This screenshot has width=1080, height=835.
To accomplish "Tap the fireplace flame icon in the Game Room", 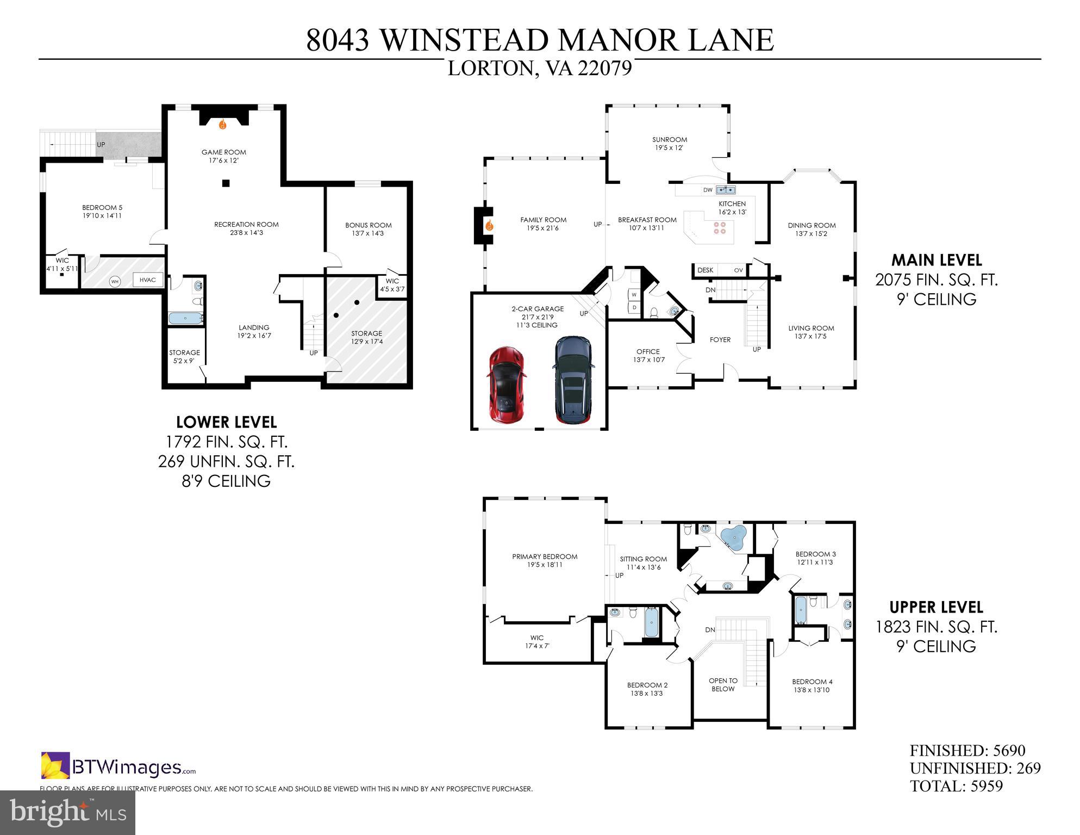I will pos(222,125).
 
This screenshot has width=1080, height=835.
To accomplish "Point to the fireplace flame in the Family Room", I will pos(489,225).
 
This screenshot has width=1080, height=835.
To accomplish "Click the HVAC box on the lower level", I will pos(147,280).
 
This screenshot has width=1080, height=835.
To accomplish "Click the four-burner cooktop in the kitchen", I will pos(720,227).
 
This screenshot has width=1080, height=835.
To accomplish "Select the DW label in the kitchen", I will pos(708,190).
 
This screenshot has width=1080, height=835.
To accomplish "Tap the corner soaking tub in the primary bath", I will pos(733,538).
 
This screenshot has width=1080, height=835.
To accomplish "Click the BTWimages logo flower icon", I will pos(55,765).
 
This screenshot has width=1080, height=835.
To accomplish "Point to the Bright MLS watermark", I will pos(67,813).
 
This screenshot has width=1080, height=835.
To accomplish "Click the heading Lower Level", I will pos(226,422).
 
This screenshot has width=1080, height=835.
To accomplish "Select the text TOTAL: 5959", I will pos(956,786).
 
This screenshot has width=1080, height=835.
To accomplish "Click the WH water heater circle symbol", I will pos(115,281).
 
